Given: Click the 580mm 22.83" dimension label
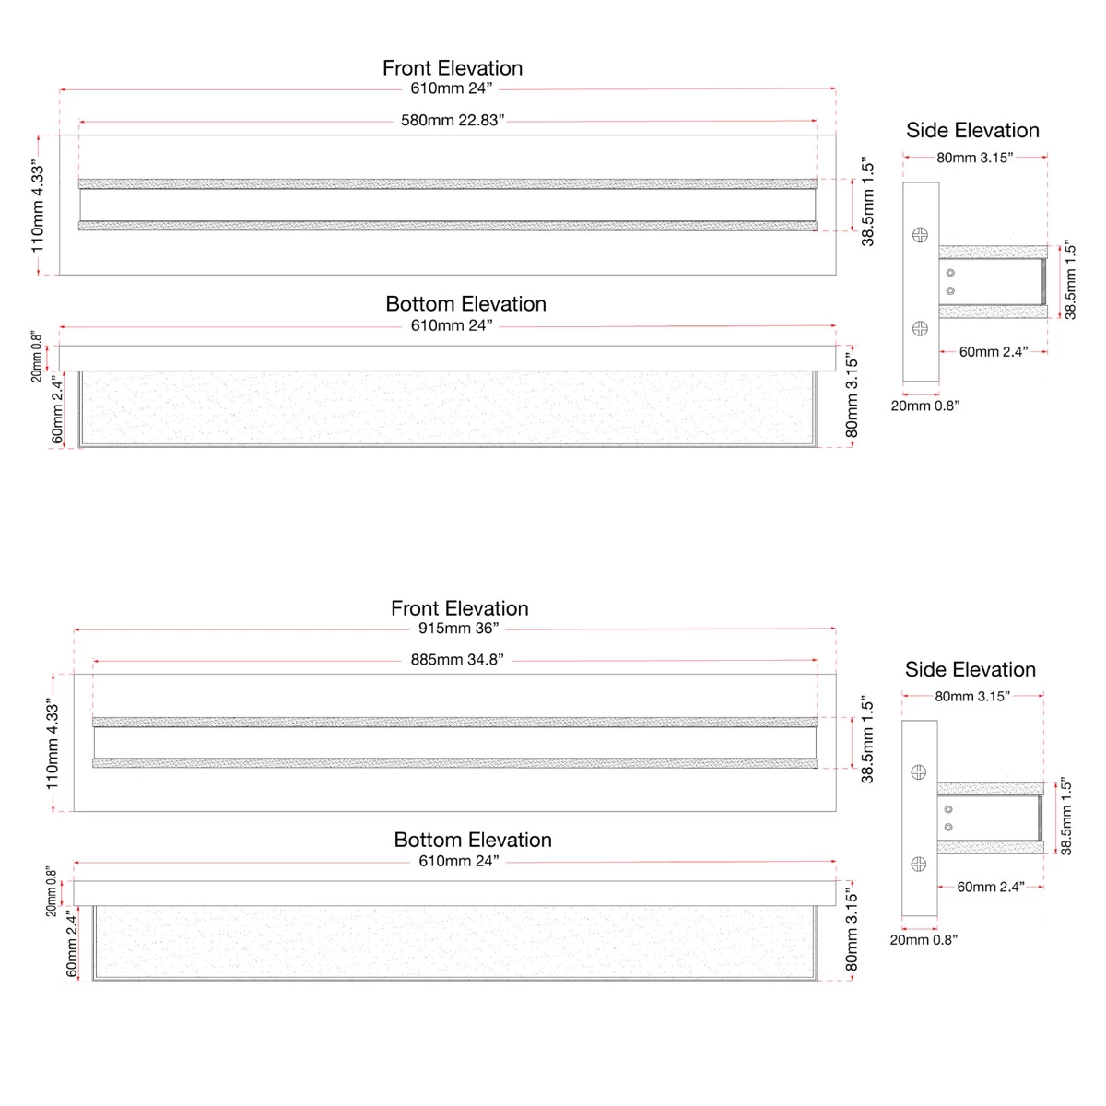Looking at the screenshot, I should tap(453, 121).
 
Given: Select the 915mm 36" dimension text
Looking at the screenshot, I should tap(458, 629).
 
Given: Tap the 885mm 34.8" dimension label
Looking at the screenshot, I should tap(457, 660).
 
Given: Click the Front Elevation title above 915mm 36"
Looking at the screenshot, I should tap(460, 608).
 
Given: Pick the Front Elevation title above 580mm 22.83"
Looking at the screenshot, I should tap(453, 68).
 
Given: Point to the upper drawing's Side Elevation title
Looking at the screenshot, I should tap(972, 131).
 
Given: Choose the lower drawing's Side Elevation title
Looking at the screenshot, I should tap(971, 670).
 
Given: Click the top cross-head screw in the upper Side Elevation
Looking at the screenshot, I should tap(920, 235).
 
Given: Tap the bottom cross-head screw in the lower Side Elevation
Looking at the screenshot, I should tap(918, 864).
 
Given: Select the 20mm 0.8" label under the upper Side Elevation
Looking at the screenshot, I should tap(925, 406).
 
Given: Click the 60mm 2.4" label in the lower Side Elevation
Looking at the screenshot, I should tap(991, 888).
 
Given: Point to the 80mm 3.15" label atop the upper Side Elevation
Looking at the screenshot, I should tap(975, 158).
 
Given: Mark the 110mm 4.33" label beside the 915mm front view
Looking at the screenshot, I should tap(53, 743).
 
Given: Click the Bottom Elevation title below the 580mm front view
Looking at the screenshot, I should tap(465, 304).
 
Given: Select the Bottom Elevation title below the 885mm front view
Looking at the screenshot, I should tap(473, 840).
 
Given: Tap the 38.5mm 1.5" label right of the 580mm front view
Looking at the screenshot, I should tap(867, 204).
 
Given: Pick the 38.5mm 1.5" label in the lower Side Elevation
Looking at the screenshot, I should tap(1066, 817).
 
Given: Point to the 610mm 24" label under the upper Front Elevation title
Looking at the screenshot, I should tap(452, 88).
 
